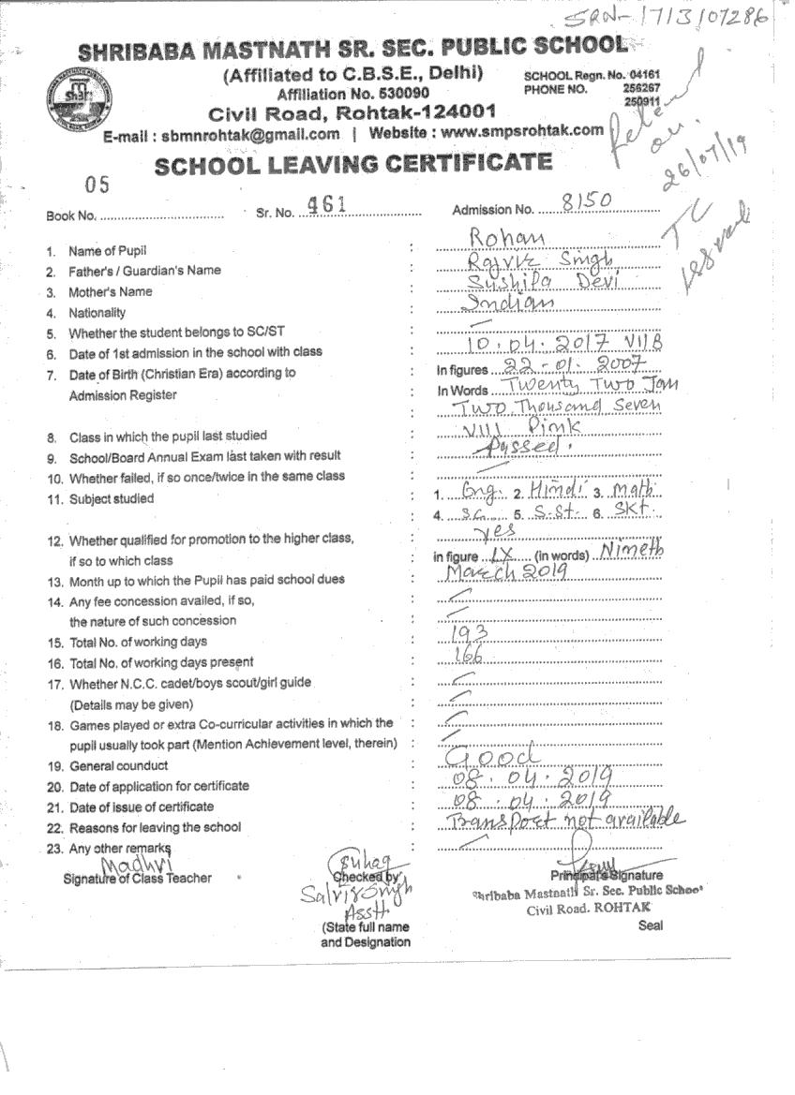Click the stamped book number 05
(97, 184)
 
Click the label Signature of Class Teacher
(137, 878)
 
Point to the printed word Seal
(650, 925)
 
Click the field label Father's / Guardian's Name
(145, 271)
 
